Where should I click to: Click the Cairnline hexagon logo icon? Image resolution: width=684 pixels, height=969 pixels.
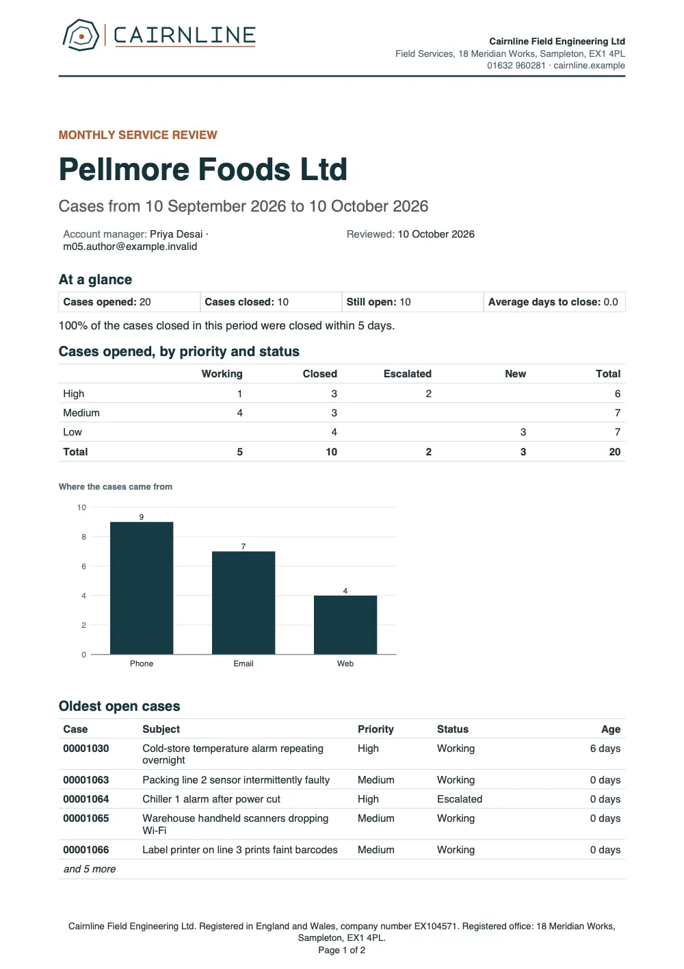pos(81,35)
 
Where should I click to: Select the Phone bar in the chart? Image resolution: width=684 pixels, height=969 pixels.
pos(142,588)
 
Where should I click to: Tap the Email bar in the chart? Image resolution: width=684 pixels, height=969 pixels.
pos(244,603)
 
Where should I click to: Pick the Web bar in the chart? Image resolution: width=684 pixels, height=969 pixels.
pos(345,625)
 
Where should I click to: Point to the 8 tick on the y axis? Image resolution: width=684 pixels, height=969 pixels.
pos(83,537)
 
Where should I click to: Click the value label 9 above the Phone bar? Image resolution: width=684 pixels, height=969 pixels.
pos(142,517)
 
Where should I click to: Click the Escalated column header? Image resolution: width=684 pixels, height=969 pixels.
pos(408,374)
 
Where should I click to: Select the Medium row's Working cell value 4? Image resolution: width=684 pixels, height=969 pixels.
pos(240,413)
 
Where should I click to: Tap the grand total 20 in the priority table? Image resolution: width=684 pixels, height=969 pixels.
pos(614,451)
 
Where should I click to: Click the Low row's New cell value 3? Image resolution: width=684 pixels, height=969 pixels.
pos(523,431)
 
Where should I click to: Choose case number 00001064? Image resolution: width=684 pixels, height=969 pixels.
pos(86,799)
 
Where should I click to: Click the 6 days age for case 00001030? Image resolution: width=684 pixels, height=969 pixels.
pos(605,748)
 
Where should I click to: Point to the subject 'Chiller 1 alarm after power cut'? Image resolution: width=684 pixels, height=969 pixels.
pos(211,799)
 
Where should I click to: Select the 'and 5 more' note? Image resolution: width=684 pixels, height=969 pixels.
pos(90,868)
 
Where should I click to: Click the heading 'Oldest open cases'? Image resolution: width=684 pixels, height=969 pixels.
pos(119,706)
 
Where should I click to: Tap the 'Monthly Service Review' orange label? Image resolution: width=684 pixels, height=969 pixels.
pos(138,135)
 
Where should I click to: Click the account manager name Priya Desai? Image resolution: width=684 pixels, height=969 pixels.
pos(176,234)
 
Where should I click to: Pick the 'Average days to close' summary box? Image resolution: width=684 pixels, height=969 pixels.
pos(554,302)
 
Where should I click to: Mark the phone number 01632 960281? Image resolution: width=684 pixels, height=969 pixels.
pos(516,65)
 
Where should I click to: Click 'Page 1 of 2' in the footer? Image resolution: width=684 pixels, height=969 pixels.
pos(342,950)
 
